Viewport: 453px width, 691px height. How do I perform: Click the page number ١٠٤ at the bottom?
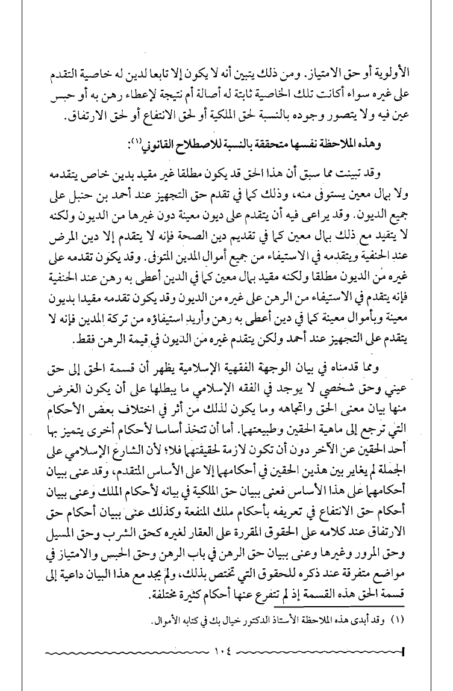(226, 651)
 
